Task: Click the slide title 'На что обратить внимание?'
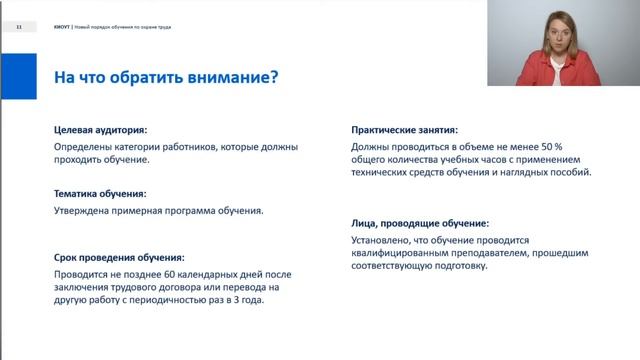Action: point(165,77)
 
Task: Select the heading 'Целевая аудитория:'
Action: point(100,130)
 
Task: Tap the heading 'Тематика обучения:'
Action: point(100,193)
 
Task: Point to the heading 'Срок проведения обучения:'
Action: point(119,257)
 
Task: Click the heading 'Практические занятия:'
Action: point(405,130)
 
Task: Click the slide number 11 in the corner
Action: point(19,27)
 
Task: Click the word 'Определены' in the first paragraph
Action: point(84,146)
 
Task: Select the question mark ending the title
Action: point(273,77)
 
